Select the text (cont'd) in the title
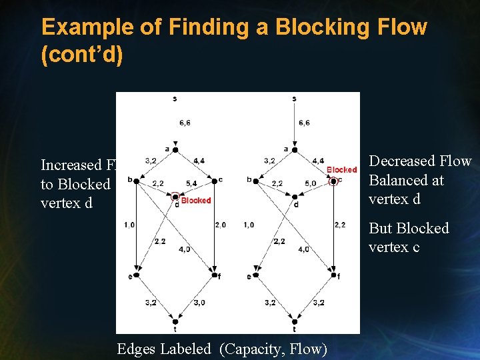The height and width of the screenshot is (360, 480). pyautogui.click(x=82, y=55)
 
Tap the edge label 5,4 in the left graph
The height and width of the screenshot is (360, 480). pyautogui.click(x=191, y=183)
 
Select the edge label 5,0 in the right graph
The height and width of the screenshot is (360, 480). pyautogui.click(x=311, y=183)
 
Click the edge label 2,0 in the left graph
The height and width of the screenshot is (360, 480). pyautogui.click(x=220, y=225)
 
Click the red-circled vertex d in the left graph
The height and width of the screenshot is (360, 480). pyautogui.click(x=175, y=197)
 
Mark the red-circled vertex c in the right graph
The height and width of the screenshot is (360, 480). pyautogui.click(x=334, y=180)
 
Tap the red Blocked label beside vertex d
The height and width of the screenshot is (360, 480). pyautogui.click(x=196, y=200)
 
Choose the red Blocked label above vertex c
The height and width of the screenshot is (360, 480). pyautogui.click(x=342, y=170)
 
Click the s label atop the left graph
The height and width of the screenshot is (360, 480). pyautogui.click(x=175, y=99)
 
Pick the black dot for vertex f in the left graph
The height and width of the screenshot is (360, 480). pyautogui.click(x=213, y=275)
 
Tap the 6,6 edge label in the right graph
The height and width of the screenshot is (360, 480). pyautogui.click(x=304, y=123)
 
